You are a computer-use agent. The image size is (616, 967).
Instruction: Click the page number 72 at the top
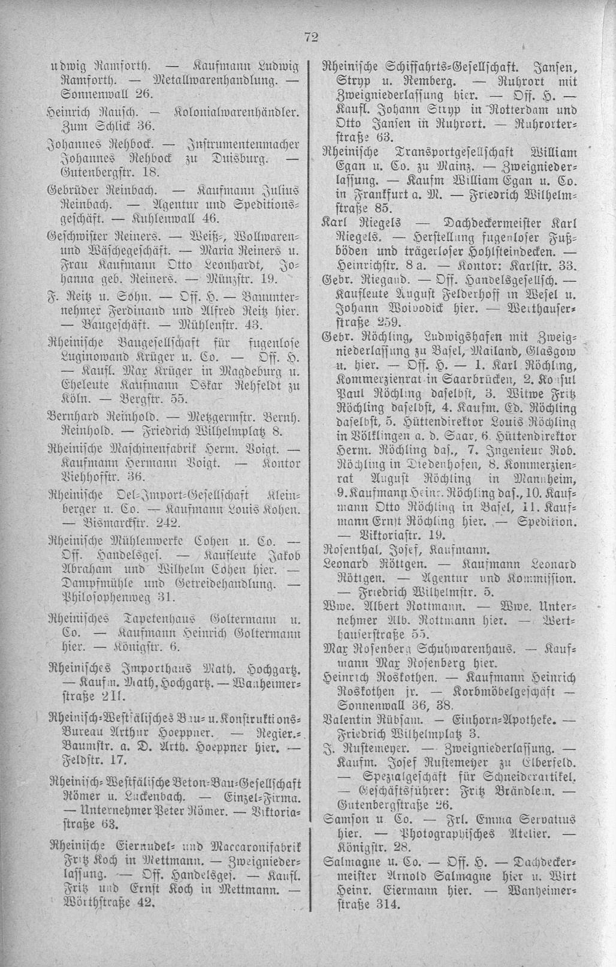(x=310, y=37)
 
